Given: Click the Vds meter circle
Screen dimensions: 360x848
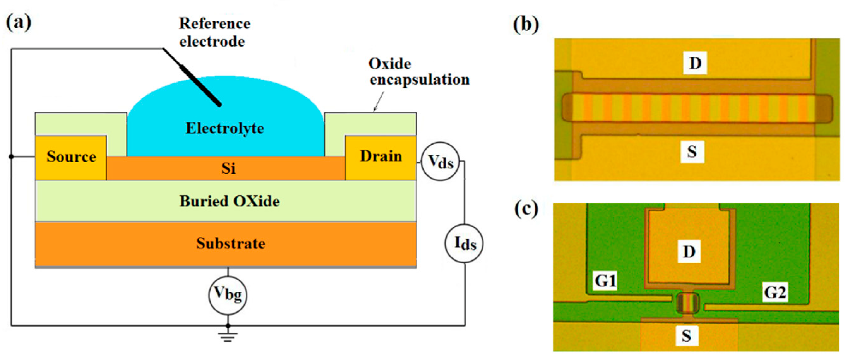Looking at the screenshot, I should [x=440, y=162].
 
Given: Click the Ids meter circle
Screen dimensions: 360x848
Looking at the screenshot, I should [x=464, y=244].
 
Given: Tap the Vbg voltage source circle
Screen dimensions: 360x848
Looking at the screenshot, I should [x=228, y=294].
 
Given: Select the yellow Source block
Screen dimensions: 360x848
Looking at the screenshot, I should [x=71, y=157].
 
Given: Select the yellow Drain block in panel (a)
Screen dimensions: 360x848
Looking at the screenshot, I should [x=381, y=157].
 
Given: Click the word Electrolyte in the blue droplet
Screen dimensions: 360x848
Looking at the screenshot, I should [x=225, y=128].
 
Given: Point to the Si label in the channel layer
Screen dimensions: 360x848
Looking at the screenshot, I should [x=228, y=168].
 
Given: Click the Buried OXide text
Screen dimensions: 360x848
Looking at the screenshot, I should [x=229, y=201].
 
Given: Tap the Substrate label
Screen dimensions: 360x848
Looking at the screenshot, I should [x=230, y=244].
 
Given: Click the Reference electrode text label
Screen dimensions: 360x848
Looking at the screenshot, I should [x=214, y=33].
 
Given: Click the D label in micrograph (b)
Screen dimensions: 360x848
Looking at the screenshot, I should [x=695, y=62].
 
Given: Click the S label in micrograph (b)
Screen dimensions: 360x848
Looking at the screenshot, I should [x=692, y=152].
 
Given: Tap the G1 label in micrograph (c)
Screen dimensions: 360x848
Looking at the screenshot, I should [x=605, y=281].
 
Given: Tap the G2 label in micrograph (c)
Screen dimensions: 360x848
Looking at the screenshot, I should [x=775, y=292].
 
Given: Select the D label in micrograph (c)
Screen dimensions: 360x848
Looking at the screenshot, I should [x=689, y=252].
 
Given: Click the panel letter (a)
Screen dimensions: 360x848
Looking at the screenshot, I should [x=19, y=22].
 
